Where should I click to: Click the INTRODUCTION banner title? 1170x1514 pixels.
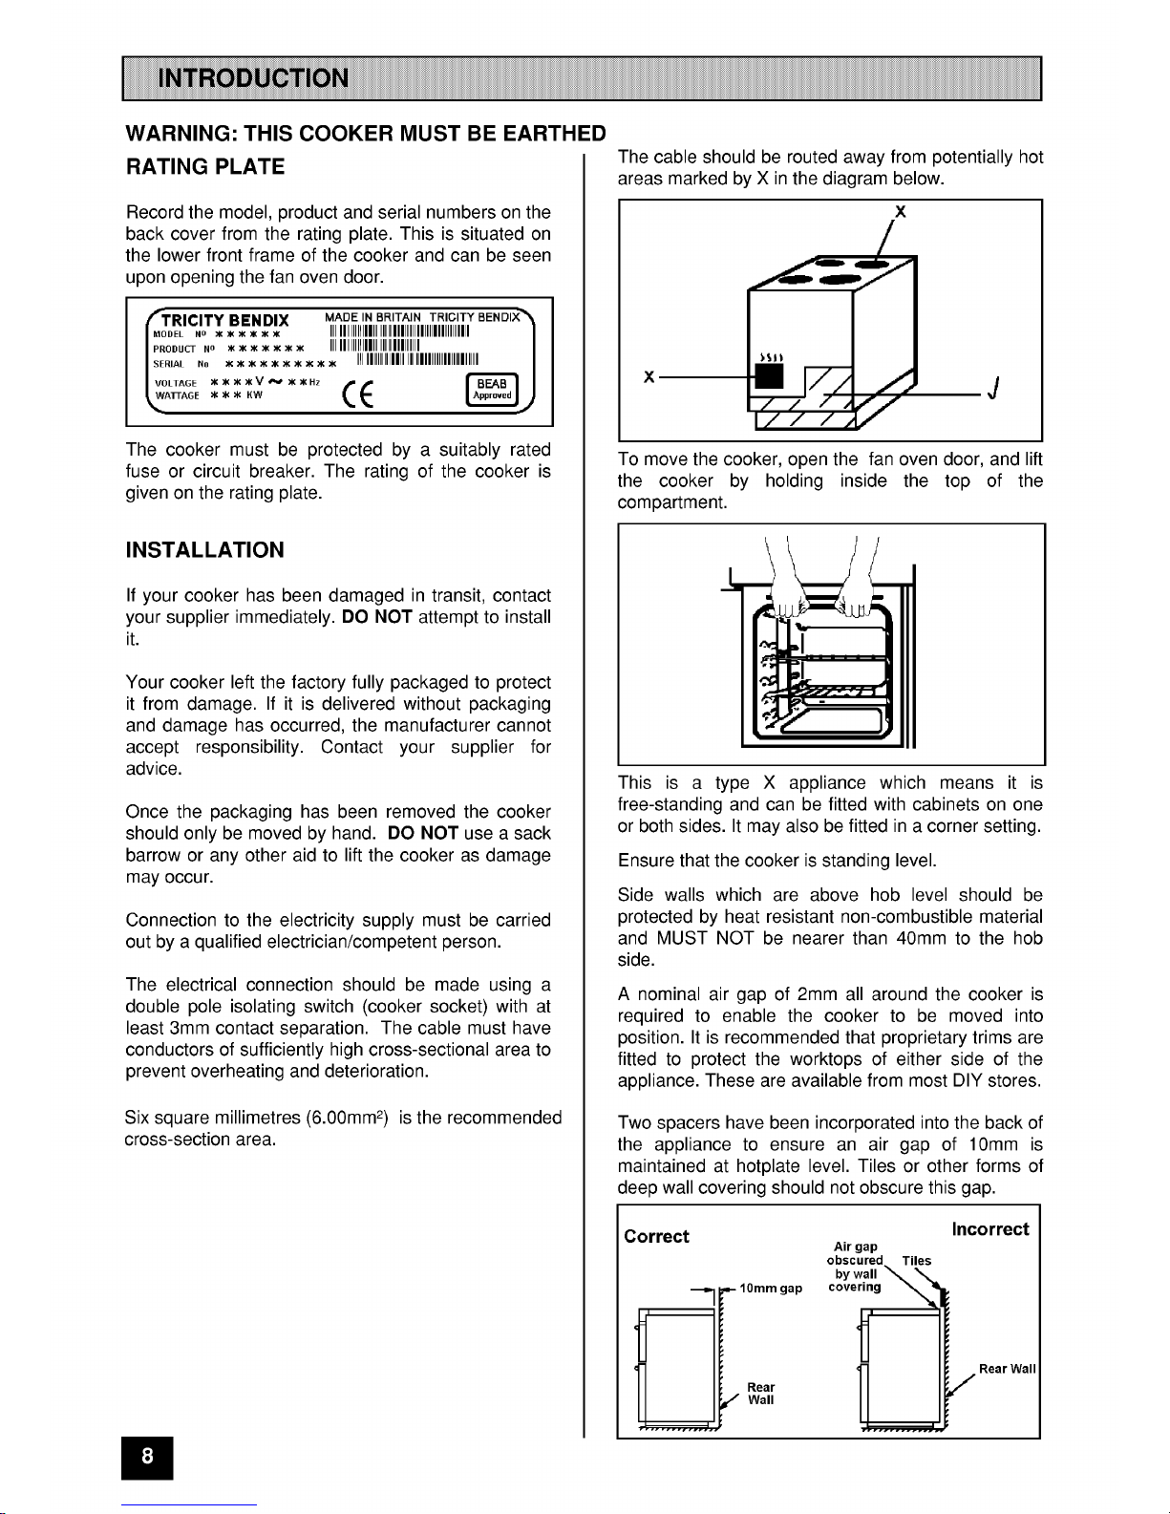tap(253, 78)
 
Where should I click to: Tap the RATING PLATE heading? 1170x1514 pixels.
tap(204, 167)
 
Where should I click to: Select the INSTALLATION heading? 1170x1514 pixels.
tap(204, 550)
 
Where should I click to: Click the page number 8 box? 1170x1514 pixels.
tap(148, 1458)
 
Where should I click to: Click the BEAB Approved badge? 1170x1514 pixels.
tap(490, 390)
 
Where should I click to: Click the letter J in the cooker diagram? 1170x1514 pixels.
tap(995, 389)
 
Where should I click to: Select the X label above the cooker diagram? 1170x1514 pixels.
tap(898, 212)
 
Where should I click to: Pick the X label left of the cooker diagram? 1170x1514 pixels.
tap(649, 377)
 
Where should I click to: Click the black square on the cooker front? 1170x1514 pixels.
tap(770, 377)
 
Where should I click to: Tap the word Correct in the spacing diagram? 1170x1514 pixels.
tap(656, 1237)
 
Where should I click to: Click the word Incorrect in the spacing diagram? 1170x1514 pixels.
tap(990, 1229)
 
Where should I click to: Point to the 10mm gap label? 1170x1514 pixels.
tap(772, 1289)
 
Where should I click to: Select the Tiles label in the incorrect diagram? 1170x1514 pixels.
tap(916, 1261)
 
